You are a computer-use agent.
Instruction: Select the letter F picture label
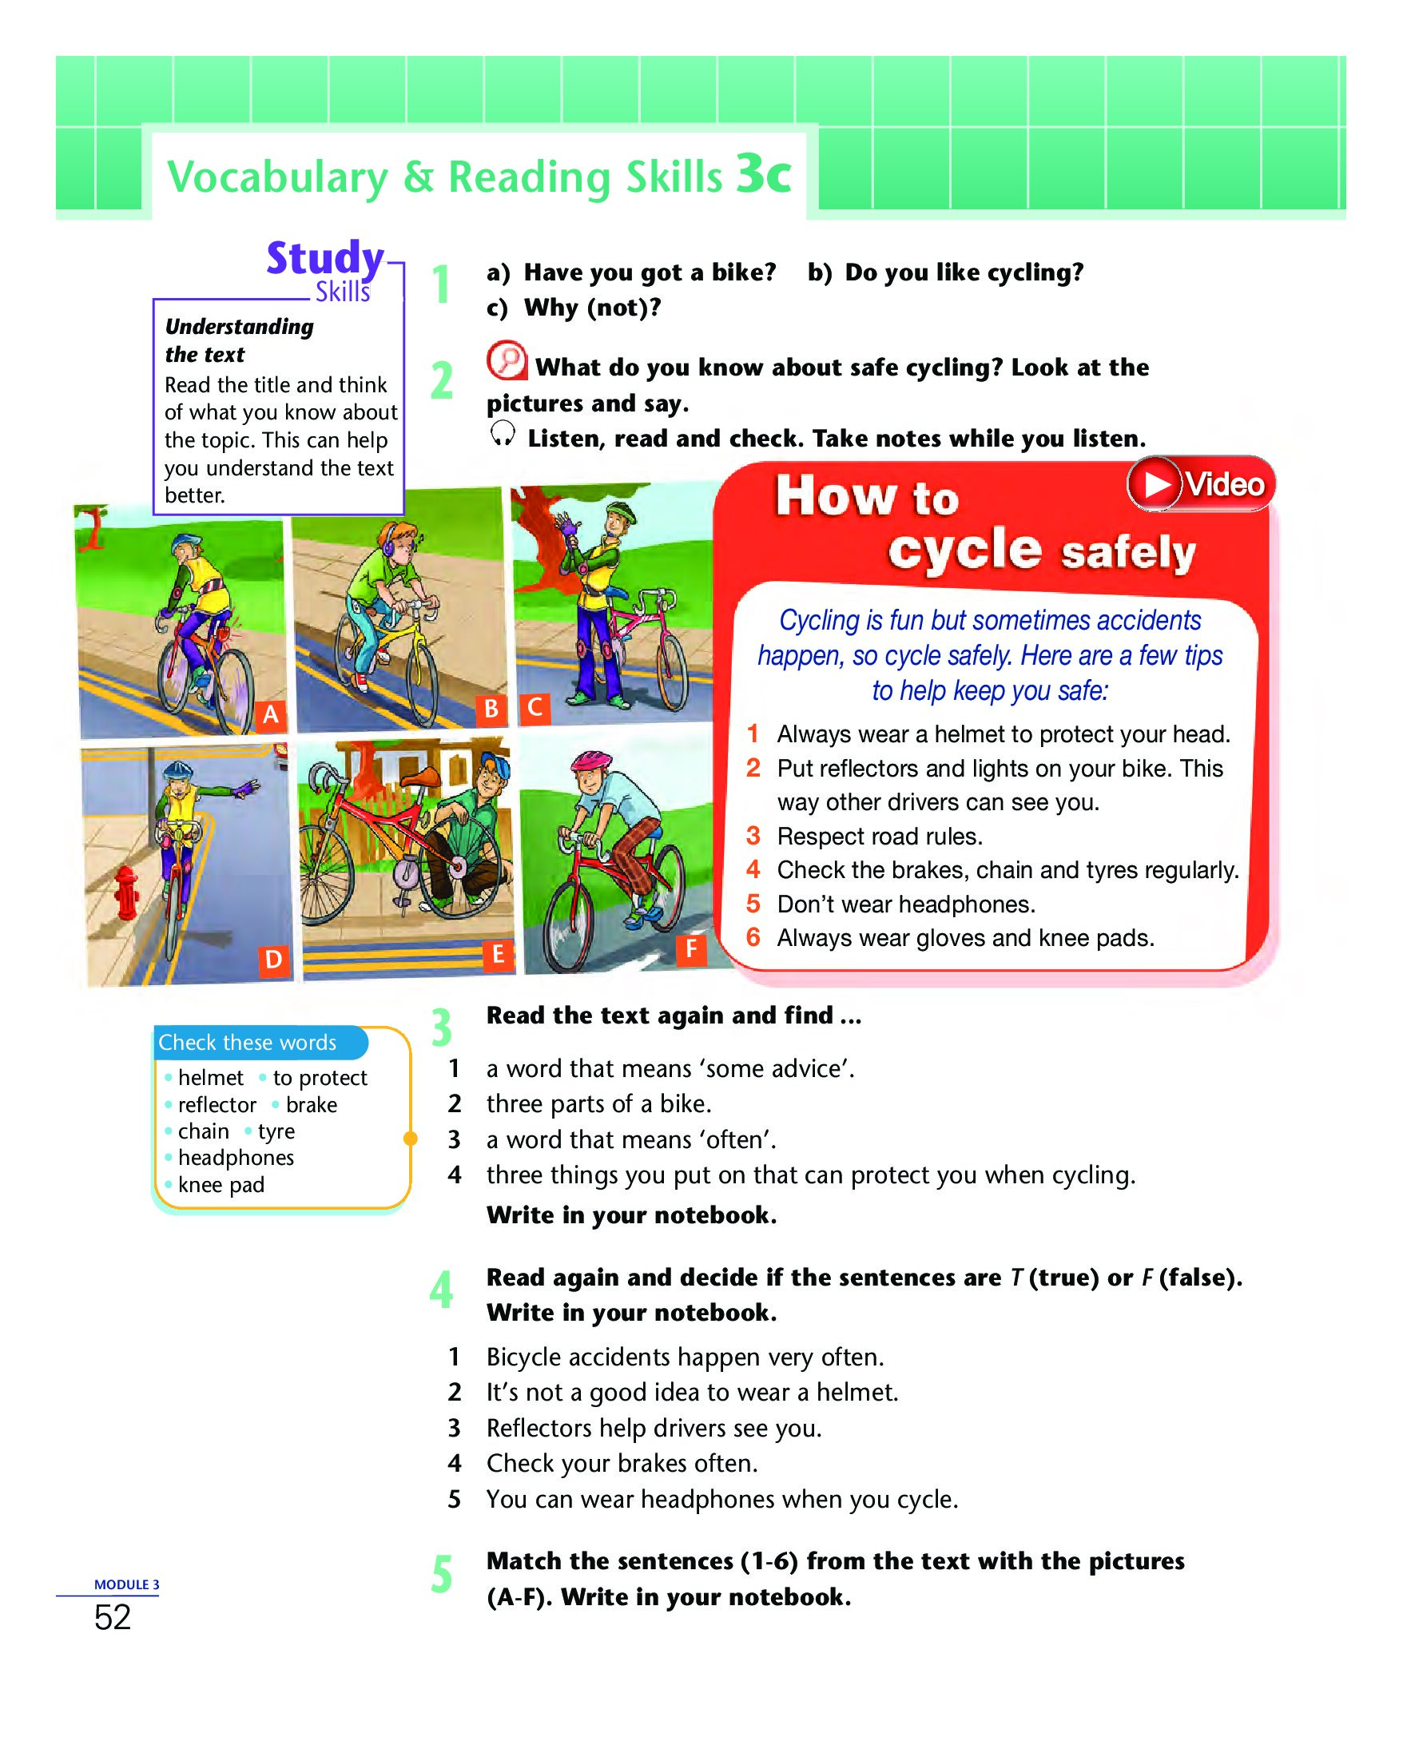[x=691, y=948]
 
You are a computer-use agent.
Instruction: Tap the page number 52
[x=113, y=1618]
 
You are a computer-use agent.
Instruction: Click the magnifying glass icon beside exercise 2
[x=507, y=360]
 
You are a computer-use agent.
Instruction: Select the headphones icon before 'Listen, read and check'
[x=502, y=435]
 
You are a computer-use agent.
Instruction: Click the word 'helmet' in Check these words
[x=210, y=1078]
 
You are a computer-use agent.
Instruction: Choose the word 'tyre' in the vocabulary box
[x=276, y=1131]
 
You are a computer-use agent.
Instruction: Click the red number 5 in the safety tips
[x=753, y=904]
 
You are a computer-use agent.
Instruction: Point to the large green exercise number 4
[x=441, y=1290]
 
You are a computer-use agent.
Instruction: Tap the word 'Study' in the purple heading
[x=324, y=259]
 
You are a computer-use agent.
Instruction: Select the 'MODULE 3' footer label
[x=126, y=1584]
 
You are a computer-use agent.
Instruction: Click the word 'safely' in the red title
[x=1128, y=553]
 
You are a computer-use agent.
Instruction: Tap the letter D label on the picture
[x=274, y=960]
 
